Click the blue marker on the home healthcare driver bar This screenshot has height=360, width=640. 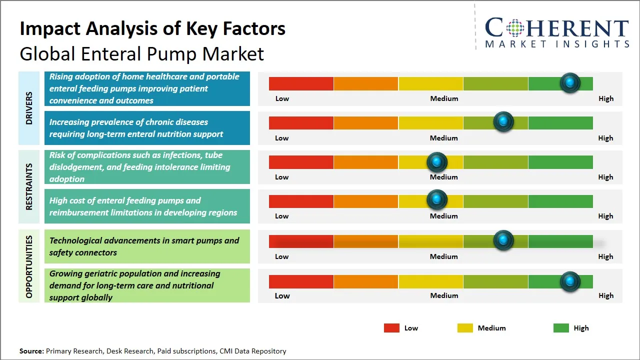[x=569, y=83]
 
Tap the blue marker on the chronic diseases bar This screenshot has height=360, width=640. [x=503, y=122]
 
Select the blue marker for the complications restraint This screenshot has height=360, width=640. [x=437, y=162]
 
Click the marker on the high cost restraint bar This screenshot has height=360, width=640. [x=437, y=200]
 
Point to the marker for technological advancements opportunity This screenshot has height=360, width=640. [x=503, y=240]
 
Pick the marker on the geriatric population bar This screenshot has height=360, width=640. [x=569, y=281]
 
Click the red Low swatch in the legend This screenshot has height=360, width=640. [x=391, y=328]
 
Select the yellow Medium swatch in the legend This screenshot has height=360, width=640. [x=465, y=328]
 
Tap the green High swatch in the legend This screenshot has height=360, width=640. [x=561, y=328]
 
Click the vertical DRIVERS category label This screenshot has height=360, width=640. [x=29, y=108]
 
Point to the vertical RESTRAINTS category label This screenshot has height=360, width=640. [x=29, y=186]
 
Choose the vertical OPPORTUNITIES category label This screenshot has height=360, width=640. [x=29, y=266]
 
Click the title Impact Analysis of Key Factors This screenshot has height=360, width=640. [x=152, y=28]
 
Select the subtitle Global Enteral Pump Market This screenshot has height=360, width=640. [x=141, y=53]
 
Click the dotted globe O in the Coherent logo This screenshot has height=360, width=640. [x=515, y=28]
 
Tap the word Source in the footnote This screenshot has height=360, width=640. [x=31, y=351]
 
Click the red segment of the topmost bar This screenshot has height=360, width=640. [x=301, y=83]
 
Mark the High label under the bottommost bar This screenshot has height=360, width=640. [x=605, y=295]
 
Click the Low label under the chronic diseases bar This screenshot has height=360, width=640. [x=282, y=138]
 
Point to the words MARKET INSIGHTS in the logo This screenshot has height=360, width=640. [x=557, y=44]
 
